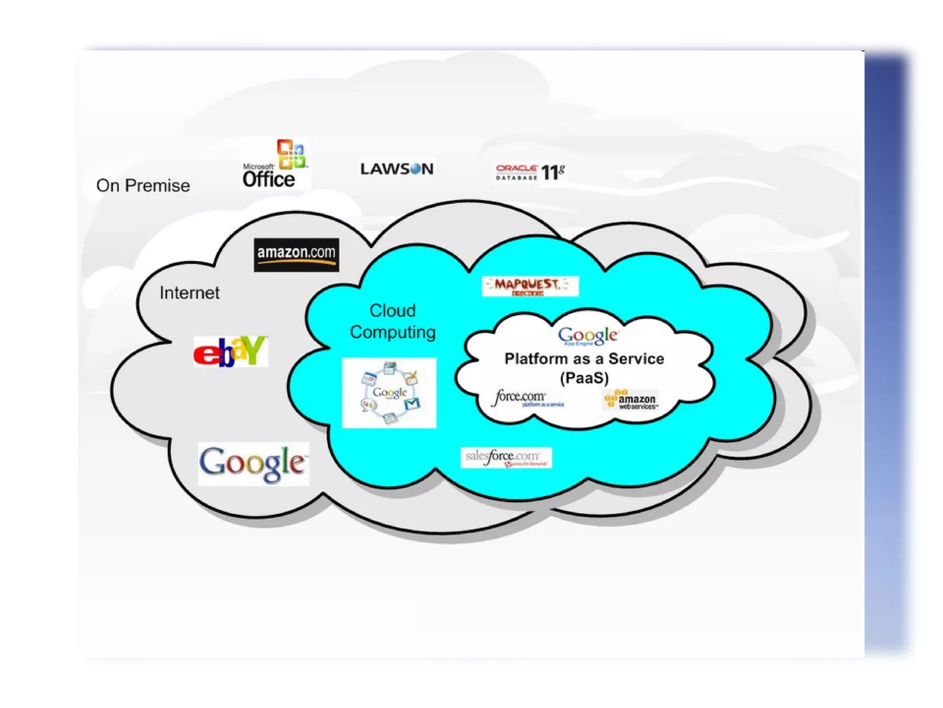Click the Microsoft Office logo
coord(275,164)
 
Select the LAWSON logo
coord(396,169)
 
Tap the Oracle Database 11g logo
coord(530,172)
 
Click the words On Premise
coord(143,186)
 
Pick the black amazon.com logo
coord(296,254)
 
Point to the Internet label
coord(189,293)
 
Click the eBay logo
coord(230,351)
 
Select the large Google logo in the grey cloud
coord(253,463)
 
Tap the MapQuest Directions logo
coord(530,286)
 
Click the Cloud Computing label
coord(392,321)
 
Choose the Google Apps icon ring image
coord(389,393)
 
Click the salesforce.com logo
coord(506,458)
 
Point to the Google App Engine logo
coord(588,336)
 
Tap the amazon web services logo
coord(630,400)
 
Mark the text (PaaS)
coord(584,378)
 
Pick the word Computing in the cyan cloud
coord(392,332)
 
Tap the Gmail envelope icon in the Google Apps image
coord(412,404)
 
